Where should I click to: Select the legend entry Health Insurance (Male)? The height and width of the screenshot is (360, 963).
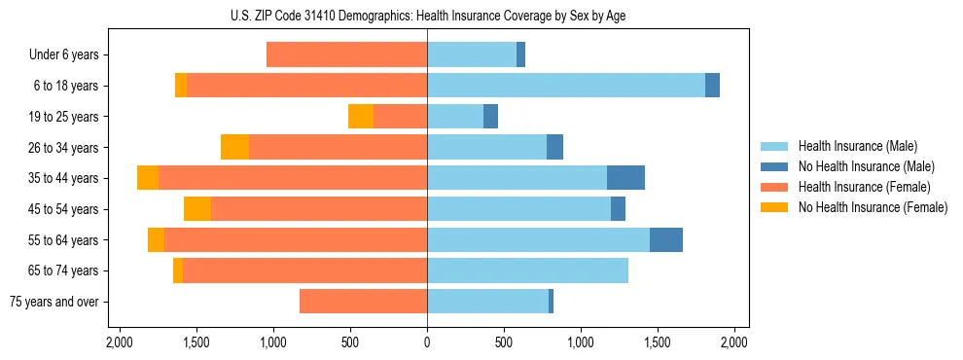[x=857, y=146]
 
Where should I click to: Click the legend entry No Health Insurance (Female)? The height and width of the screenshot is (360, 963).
[x=873, y=207]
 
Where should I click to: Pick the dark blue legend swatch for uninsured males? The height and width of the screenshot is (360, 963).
[x=774, y=166]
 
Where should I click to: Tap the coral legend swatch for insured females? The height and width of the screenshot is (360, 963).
[x=774, y=187]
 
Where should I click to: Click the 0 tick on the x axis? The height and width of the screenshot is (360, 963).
[x=427, y=342]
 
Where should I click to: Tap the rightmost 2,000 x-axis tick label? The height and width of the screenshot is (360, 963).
[x=734, y=342]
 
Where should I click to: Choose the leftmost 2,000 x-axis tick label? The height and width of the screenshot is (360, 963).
[x=120, y=342]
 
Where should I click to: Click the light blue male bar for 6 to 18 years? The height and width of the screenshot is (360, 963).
[x=566, y=86]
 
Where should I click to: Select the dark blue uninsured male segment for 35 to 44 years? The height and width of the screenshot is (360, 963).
[x=625, y=178]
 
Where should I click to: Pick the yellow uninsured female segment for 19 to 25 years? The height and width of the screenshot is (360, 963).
[x=361, y=117]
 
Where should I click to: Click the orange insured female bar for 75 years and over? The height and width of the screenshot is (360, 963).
[x=363, y=302]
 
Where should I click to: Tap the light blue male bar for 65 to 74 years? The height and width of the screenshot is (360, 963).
[x=527, y=270]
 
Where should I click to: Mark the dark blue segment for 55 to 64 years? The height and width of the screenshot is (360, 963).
[x=666, y=239]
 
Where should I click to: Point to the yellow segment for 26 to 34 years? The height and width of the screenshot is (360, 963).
[x=234, y=147]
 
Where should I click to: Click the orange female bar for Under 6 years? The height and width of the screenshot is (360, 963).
[x=346, y=55]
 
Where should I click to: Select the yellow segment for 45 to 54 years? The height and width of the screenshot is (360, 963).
[x=197, y=209]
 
